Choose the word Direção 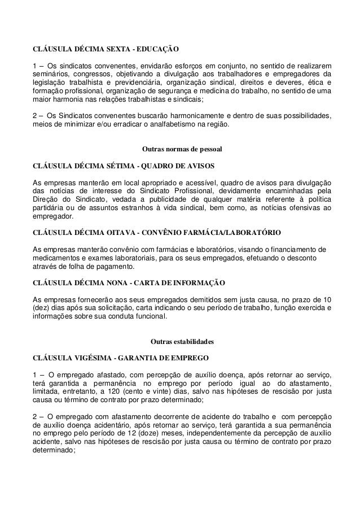[47, 199]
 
